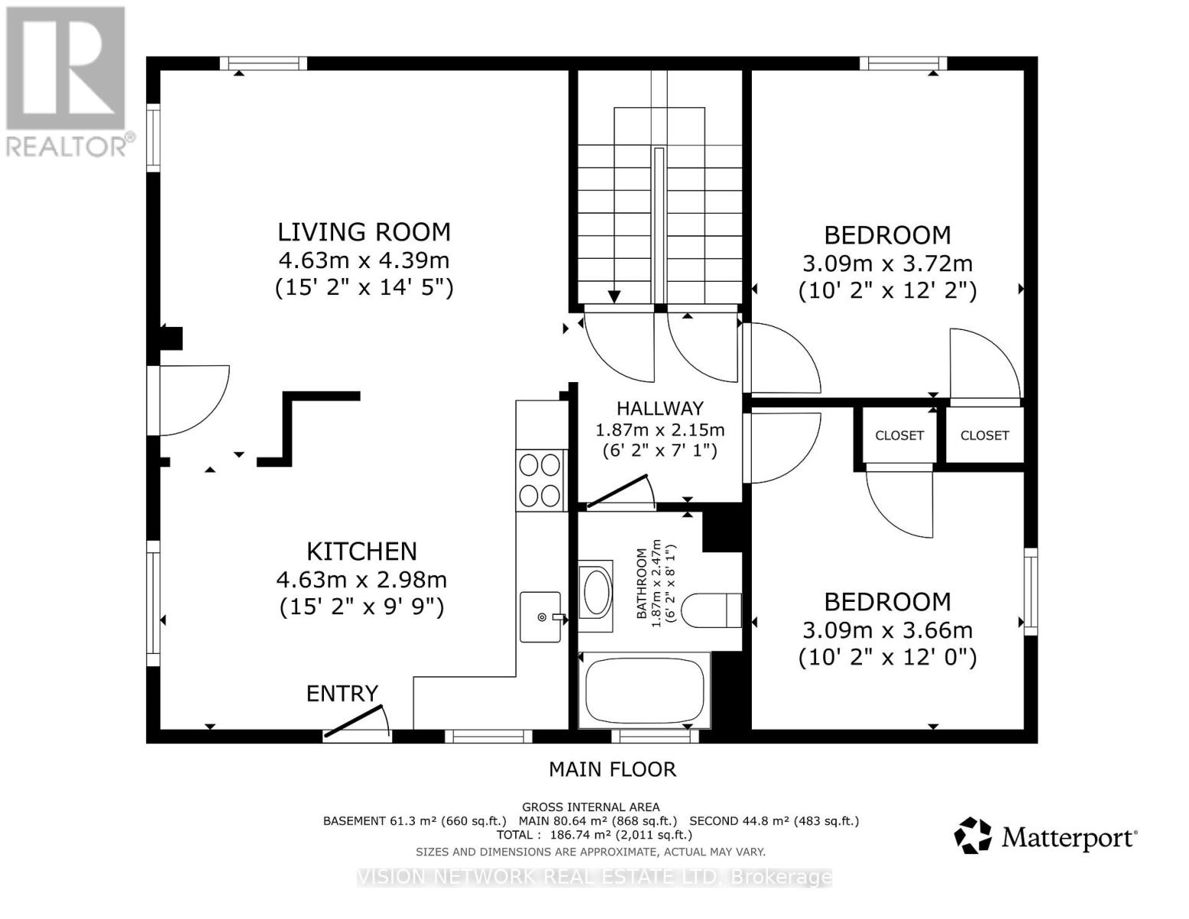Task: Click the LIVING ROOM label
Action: coord(364,232)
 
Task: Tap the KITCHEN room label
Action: coord(361,551)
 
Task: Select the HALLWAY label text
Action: coord(660,408)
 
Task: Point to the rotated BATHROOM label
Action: coord(642,584)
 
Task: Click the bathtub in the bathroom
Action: coord(645,691)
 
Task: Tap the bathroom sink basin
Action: coord(596,595)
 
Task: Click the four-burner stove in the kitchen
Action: coord(540,481)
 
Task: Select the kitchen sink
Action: coord(541,616)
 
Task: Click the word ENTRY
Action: coord(342,694)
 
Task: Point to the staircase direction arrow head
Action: coord(614,296)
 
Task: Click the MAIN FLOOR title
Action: coord(612,769)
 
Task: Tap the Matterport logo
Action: coord(1045,836)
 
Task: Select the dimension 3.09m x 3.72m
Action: coord(887,263)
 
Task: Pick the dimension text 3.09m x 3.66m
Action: coord(887,630)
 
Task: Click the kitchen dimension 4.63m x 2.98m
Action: coord(361,579)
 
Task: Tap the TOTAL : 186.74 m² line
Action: coord(594,835)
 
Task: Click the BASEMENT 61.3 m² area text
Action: coord(415,820)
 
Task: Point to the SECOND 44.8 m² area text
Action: coord(774,820)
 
